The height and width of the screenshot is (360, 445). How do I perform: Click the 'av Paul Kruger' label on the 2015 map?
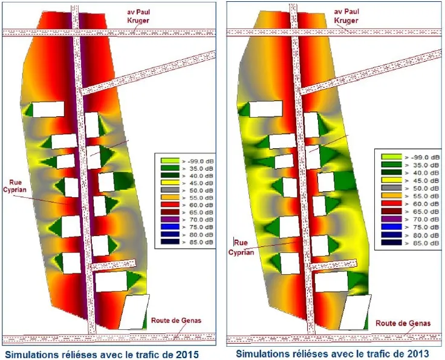point(138,16)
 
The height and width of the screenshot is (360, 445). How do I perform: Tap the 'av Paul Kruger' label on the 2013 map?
point(346,16)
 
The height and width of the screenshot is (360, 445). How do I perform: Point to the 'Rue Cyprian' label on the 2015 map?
point(15,186)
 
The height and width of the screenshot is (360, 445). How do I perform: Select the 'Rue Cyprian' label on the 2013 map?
point(241,247)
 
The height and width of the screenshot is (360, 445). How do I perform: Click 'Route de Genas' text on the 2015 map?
point(176,321)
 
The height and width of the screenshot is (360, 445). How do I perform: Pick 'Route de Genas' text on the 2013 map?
point(403,323)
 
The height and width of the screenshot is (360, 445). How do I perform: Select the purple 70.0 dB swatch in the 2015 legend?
point(170,220)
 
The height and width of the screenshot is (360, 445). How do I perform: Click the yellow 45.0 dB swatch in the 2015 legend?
point(170,183)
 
